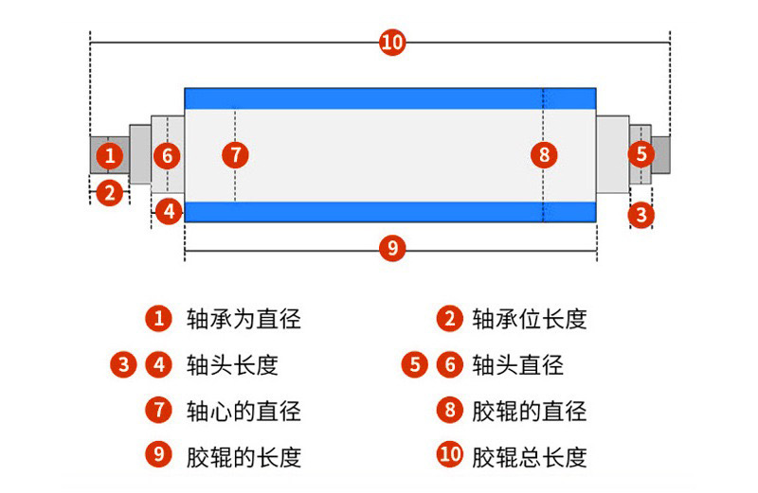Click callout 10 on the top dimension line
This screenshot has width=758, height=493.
pyautogui.click(x=392, y=43)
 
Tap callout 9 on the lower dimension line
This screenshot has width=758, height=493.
pyautogui.click(x=391, y=249)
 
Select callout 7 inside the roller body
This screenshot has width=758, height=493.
pyautogui.click(x=236, y=154)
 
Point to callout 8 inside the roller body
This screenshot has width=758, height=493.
pyautogui.click(x=543, y=154)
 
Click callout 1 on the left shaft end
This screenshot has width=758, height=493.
pyautogui.click(x=110, y=154)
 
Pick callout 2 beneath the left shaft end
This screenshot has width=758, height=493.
pyautogui.click(x=110, y=193)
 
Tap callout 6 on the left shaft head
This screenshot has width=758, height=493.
pyautogui.click(x=167, y=155)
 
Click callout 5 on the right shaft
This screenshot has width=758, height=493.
pyautogui.click(x=641, y=152)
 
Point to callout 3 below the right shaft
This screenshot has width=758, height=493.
pyautogui.click(x=642, y=214)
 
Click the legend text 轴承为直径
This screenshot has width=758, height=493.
pyautogui.click(x=244, y=319)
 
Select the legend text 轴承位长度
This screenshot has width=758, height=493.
pyautogui.click(x=530, y=319)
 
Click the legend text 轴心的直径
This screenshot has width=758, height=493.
pyautogui.click(x=244, y=411)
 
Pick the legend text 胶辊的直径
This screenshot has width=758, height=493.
pyautogui.click(x=530, y=411)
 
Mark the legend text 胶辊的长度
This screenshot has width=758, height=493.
pyautogui.click(x=244, y=457)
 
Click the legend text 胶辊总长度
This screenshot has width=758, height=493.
pyautogui.click(x=530, y=457)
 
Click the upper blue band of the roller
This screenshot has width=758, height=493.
pyautogui.click(x=389, y=97)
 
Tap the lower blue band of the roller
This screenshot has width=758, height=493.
pyautogui.click(x=389, y=211)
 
